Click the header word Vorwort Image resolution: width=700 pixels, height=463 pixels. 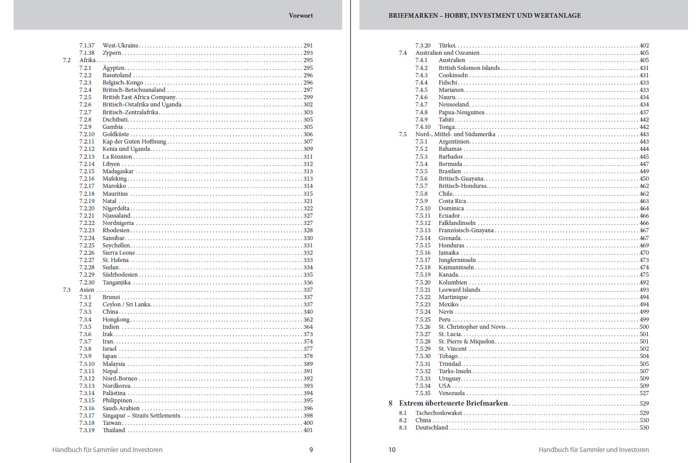[x=301, y=16]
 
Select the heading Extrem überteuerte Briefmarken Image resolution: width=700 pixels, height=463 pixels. [x=453, y=403]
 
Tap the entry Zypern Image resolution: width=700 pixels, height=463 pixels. [x=112, y=53]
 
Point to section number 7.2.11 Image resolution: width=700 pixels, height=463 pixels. [x=87, y=141]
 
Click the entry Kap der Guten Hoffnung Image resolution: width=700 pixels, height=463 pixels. [x=134, y=141]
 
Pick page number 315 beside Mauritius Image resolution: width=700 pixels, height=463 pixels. [x=308, y=194]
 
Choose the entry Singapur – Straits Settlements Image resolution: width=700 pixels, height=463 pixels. [x=141, y=415]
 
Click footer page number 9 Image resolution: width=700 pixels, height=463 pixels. [x=311, y=449]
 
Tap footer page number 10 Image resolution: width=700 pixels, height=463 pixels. [x=392, y=449]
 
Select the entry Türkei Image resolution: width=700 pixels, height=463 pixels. [x=448, y=45]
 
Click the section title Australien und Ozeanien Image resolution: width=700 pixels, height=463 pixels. [x=447, y=53]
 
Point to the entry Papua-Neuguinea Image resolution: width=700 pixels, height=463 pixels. [x=461, y=112]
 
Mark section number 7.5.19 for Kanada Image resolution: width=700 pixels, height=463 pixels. [x=423, y=275]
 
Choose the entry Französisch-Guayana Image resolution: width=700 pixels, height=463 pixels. [x=466, y=230]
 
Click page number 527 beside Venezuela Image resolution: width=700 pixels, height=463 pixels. [x=644, y=393]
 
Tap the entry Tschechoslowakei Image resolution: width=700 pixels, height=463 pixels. [x=439, y=413]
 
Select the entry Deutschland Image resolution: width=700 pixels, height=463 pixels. [x=431, y=428]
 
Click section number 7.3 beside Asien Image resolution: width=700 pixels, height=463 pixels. [x=66, y=290]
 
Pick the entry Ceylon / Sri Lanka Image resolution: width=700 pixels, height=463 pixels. [x=126, y=304]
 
